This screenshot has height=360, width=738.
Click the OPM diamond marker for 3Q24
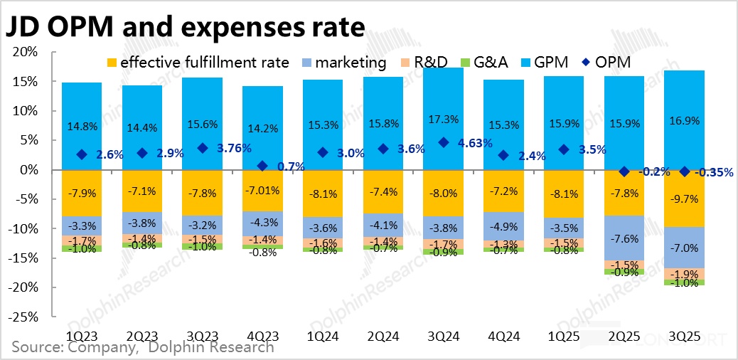tap(444, 142)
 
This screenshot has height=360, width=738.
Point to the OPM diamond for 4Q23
tap(262, 166)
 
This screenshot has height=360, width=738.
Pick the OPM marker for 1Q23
tap(82, 154)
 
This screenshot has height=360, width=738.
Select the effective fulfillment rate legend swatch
tap(111, 63)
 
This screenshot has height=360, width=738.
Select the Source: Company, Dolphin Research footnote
tap(142, 348)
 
